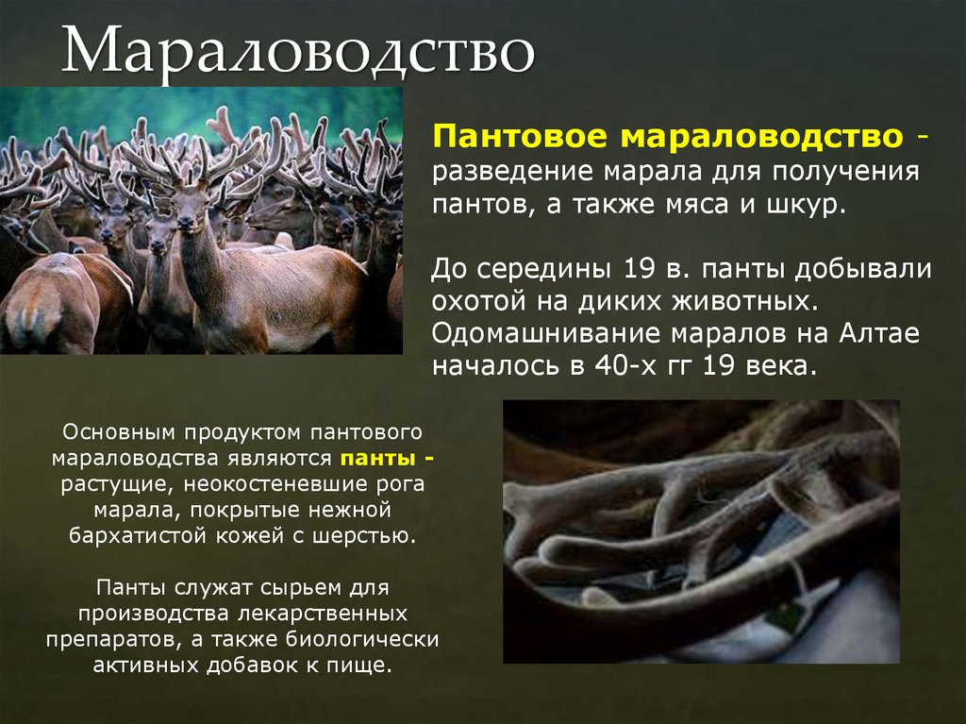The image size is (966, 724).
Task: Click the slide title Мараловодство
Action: tap(298, 51)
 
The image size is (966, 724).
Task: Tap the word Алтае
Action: tap(890, 334)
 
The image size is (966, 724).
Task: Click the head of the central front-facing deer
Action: tap(190, 207)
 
